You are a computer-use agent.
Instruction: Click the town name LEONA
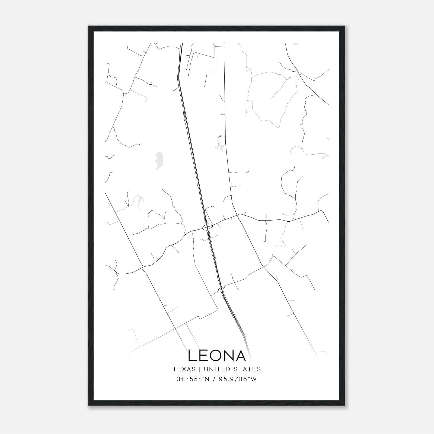(217, 356)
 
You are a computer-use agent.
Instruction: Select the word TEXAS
(184, 369)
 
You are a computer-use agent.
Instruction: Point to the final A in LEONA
(240, 356)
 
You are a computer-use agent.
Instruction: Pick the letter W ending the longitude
(254, 379)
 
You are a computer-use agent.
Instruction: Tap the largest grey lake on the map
(158, 161)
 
